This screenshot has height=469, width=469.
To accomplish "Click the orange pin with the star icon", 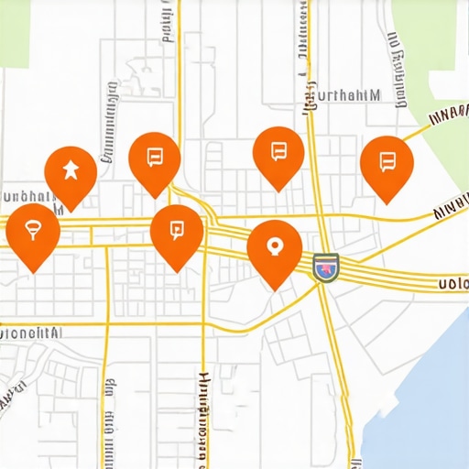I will [71, 171].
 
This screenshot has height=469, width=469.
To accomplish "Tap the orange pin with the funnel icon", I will [33, 231].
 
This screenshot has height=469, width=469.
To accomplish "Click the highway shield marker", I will [325, 267].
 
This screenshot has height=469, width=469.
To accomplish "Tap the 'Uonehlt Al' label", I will [31, 334].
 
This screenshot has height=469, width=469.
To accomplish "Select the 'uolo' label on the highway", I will [453, 283].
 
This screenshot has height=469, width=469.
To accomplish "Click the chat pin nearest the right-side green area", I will [387, 163].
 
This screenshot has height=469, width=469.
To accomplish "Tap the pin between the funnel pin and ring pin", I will [177, 231].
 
